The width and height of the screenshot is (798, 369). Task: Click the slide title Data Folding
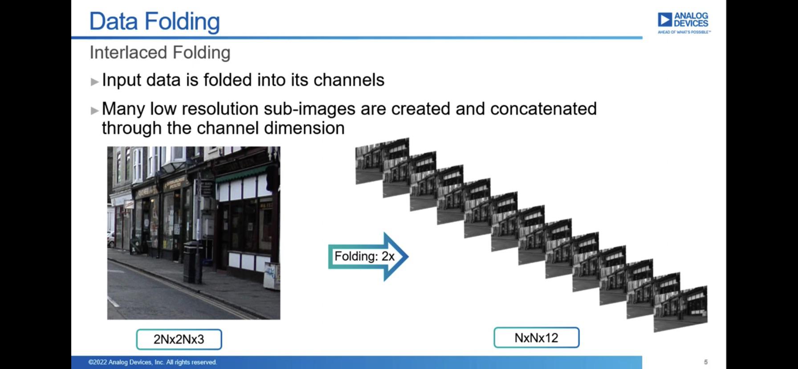tap(155, 21)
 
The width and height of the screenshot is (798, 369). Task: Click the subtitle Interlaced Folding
tap(160, 53)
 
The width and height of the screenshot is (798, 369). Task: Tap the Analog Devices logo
tap(684, 22)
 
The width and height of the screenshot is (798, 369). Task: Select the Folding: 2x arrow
tap(368, 256)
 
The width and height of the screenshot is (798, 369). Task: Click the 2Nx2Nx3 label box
tap(179, 339)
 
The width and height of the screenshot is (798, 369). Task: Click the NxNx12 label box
tap(536, 338)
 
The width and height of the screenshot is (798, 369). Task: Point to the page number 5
tap(706, 362)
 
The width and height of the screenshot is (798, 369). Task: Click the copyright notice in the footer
tap(152, 362)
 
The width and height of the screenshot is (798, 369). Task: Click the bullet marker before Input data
tap(94, 82)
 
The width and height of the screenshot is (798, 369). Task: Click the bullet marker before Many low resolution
tap(94, 111)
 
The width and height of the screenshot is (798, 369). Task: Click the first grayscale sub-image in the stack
tap(382, 160)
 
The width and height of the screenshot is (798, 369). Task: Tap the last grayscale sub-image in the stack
tap(680, 309)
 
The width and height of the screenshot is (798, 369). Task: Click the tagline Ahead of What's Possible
tap(684, 32)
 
